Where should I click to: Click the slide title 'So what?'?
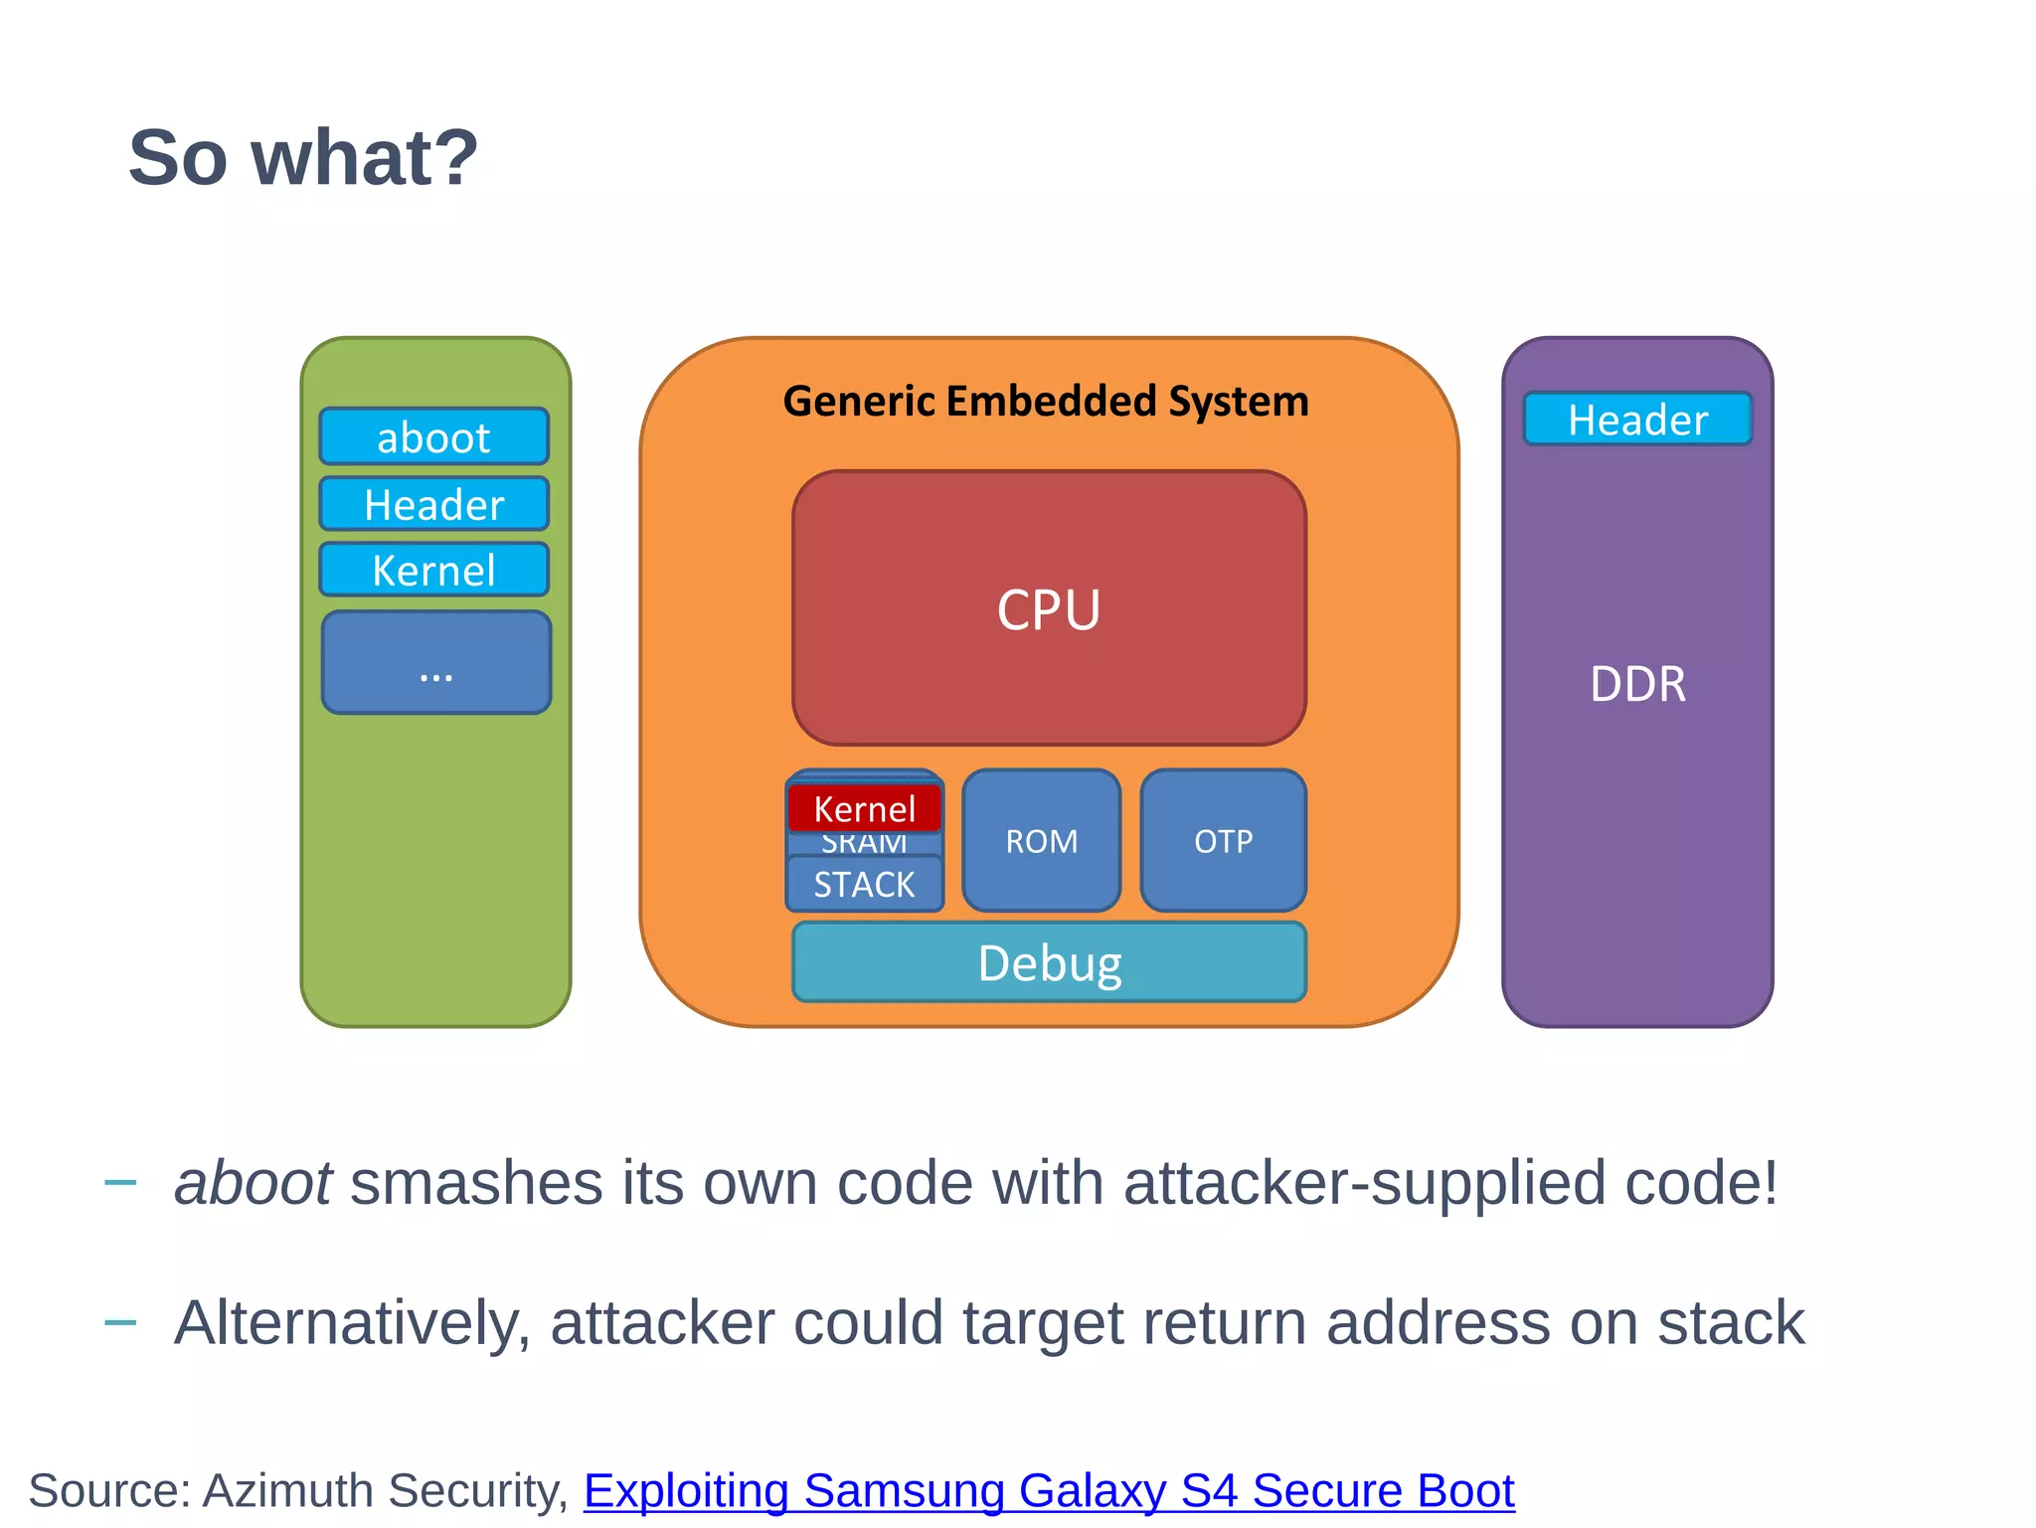303,158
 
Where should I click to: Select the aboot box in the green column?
433,437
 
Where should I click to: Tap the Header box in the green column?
433,505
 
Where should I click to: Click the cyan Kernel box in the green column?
433,571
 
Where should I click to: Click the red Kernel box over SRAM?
863,809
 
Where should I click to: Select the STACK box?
863,884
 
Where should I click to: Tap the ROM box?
1041,841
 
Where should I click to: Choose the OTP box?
1223,841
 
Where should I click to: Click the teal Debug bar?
1049,962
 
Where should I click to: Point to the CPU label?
1049,609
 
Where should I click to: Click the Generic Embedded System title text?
1045,402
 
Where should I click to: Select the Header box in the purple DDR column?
1636,420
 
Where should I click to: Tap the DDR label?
1636,684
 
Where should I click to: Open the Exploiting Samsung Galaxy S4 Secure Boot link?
1048,1490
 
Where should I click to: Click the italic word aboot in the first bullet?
253,1184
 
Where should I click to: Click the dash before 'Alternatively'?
120,1322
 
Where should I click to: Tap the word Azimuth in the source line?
287,1490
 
